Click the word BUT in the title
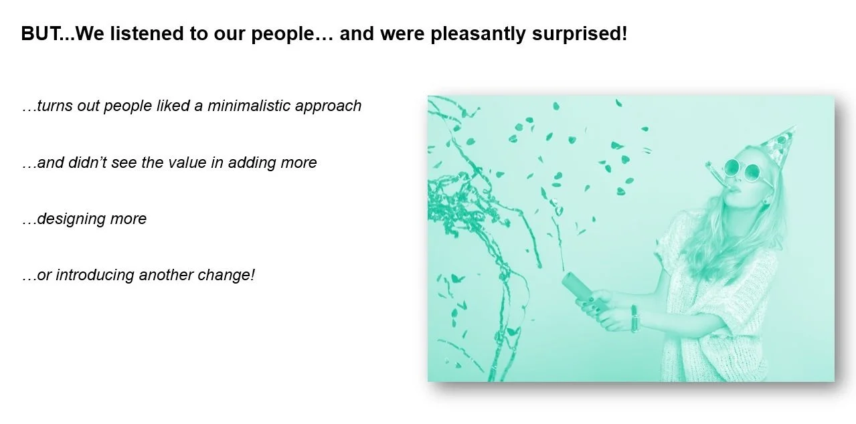40,33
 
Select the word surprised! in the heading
580,34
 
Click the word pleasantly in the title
478,34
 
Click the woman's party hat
778,147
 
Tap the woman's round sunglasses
742,170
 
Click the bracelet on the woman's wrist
634,318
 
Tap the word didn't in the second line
88,163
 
